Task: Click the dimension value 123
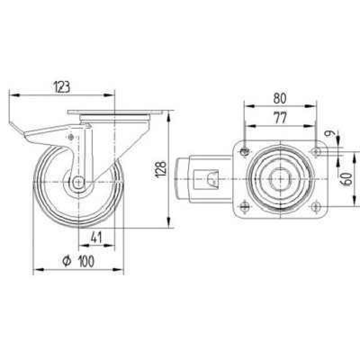[62, 87]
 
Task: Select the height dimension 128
[161, 170]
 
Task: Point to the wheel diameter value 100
[86, 261]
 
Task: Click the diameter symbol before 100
[67, 261]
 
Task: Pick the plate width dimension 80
[280, 98]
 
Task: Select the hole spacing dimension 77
[280, 118]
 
